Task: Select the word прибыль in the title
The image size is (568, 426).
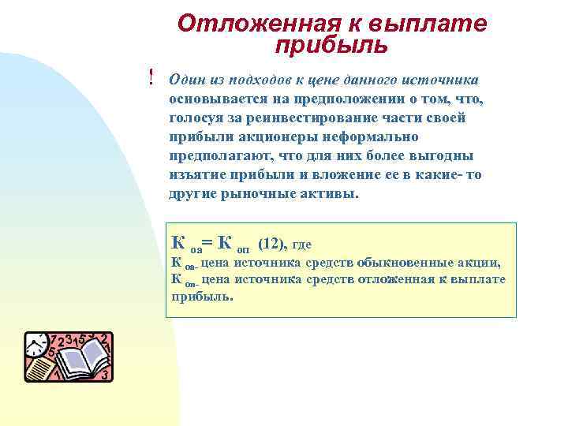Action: tap(331, 45)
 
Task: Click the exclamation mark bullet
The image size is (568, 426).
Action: tap(151, 77)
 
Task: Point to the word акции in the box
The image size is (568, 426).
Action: tap(481, 263)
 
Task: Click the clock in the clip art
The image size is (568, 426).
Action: tap(36, 344)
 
